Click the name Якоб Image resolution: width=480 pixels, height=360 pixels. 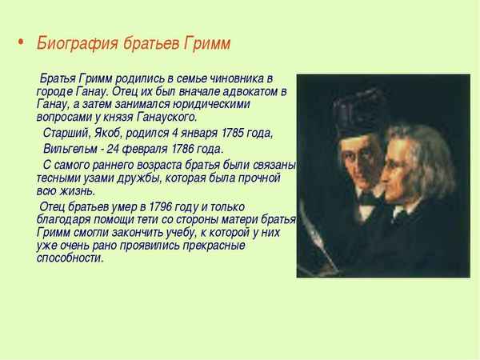[x=110, y=133]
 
